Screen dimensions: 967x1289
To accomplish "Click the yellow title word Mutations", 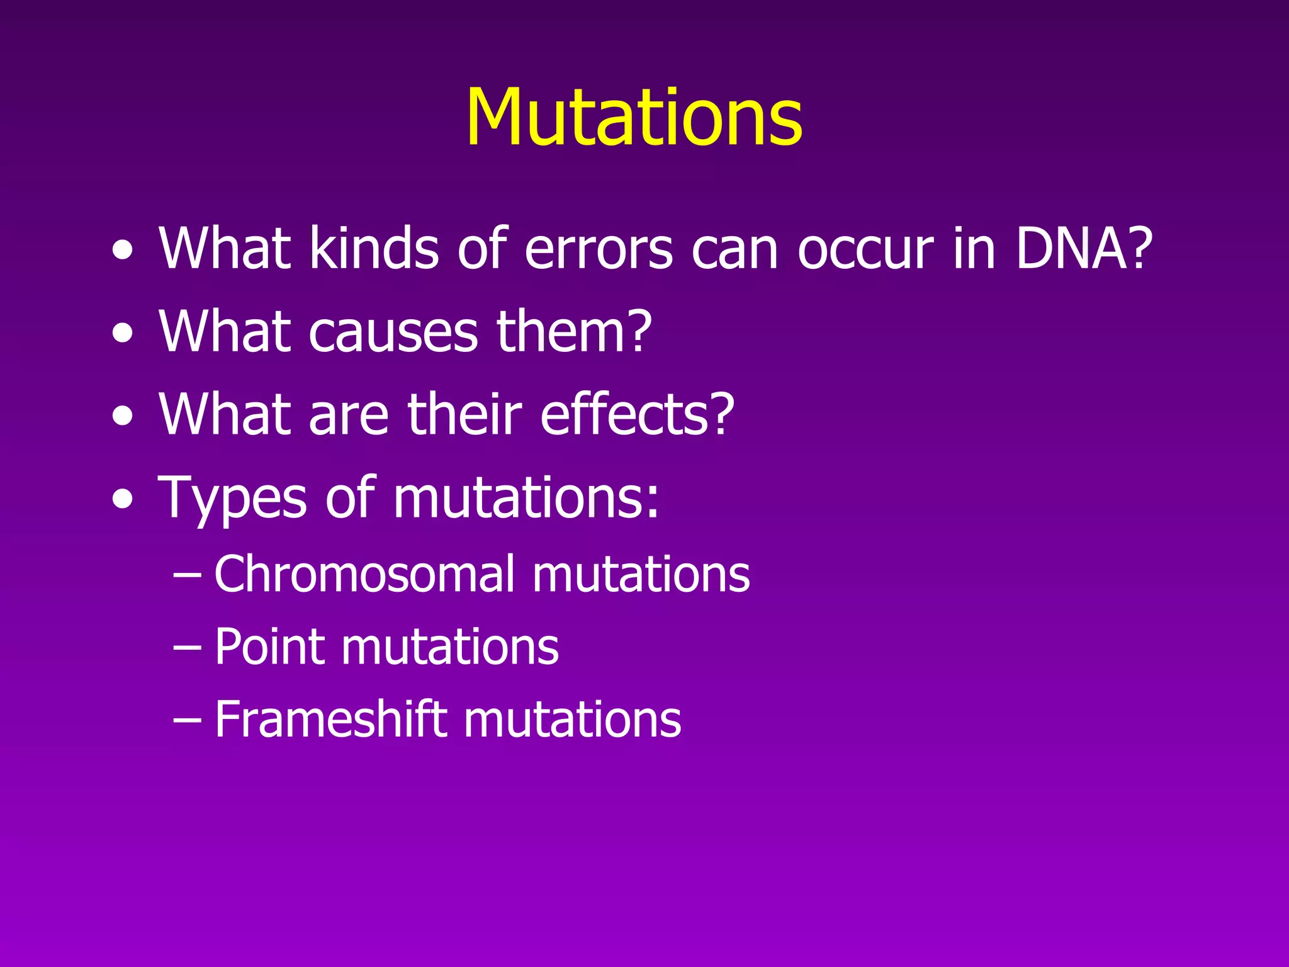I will [x=634, y=118].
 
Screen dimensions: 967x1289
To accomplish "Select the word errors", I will [x=599, y=249].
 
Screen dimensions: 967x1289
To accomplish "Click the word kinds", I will [x=374, y=249].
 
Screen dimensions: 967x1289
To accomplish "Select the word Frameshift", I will [x=330, y=719].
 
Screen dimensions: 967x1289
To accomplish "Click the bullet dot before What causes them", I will [x=123, y=333].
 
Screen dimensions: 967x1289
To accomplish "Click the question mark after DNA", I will [x=1139, y=249].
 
